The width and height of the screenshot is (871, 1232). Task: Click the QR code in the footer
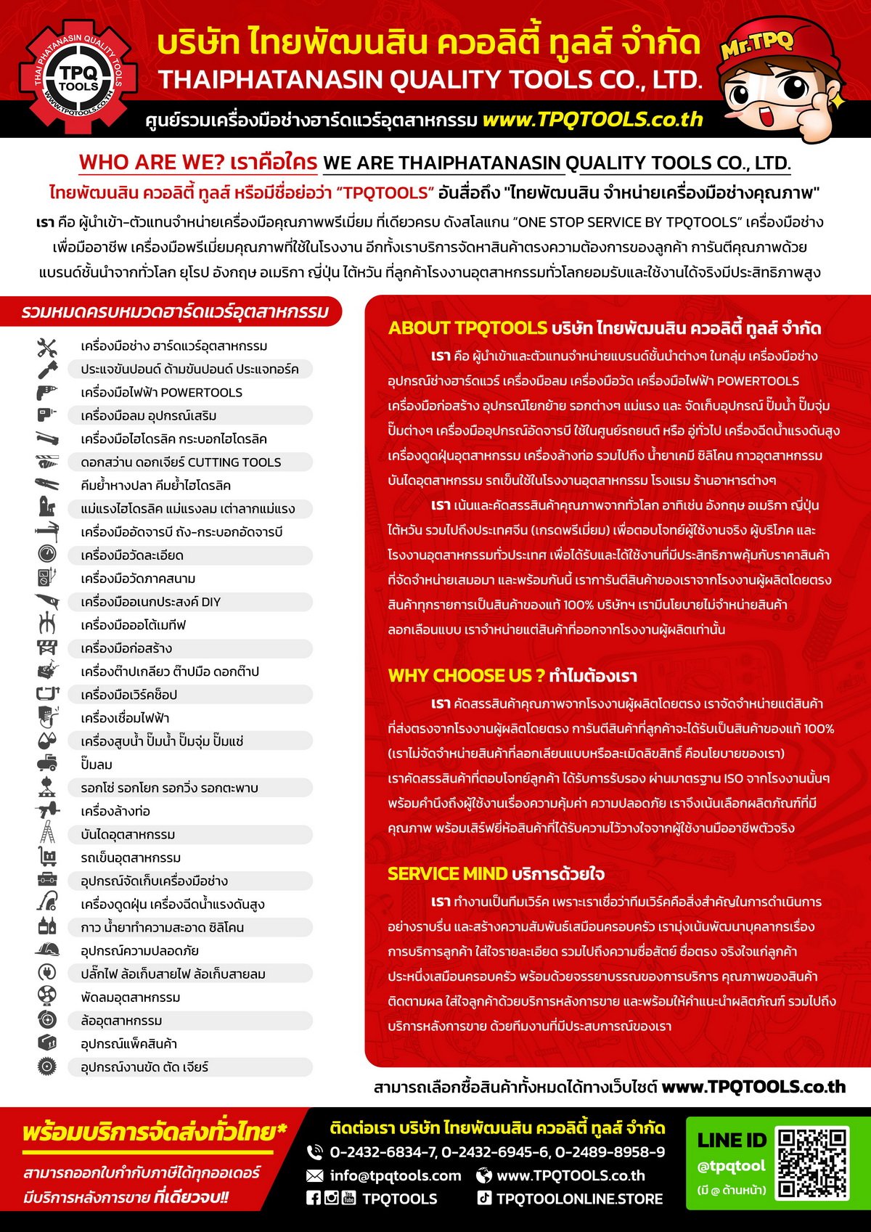[x=811, y=1163]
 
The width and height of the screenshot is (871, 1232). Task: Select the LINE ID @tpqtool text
[x=731, y=1166]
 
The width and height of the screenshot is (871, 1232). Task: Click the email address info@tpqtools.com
[x=395, y=1175]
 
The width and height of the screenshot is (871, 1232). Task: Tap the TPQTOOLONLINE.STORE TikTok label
[x=579, y=1199]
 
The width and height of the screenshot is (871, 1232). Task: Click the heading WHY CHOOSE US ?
[x=466, y=676]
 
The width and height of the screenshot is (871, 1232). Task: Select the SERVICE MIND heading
[x=447, y=873]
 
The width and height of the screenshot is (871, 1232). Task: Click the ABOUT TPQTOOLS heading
[x=467, y=328]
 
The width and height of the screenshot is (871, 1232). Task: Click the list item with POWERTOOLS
[x=161, y=393]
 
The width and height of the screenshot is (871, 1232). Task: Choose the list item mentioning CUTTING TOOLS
[x=181, y=462]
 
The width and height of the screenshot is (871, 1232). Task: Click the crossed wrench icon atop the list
[x=46, y=347]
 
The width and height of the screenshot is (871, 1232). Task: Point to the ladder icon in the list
[x=47, y=833]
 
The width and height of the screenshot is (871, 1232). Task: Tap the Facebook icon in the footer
[x=314, y=1198]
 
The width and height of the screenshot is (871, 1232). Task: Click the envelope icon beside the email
[x=315, y=1175]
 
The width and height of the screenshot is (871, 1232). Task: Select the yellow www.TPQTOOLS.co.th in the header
[x=592, y=120]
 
